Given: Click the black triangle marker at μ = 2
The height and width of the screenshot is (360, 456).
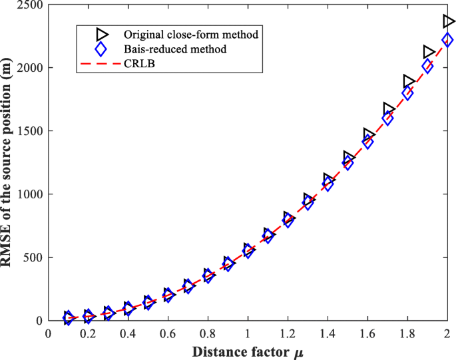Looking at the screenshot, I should (449, 21).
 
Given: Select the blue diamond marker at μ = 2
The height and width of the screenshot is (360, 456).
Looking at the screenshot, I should (447, 40).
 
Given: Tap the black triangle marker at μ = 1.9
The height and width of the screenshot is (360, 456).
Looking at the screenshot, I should (429, 52).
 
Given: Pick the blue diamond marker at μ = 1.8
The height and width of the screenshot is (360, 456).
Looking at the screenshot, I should (407, 93).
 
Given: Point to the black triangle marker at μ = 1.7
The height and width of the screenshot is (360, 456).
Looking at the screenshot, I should (389, 109).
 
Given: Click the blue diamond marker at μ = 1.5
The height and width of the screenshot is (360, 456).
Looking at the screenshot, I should (347, 164).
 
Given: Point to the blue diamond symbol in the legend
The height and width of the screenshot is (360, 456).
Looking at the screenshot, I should (101, 49).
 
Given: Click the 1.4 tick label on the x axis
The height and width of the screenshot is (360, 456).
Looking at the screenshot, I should (328, 333).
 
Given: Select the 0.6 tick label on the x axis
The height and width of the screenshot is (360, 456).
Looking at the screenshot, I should (168, 333).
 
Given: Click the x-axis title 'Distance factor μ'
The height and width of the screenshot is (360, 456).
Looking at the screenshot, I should (247, 350).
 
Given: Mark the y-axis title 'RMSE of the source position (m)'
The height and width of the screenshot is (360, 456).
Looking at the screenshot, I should (9, 163).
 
